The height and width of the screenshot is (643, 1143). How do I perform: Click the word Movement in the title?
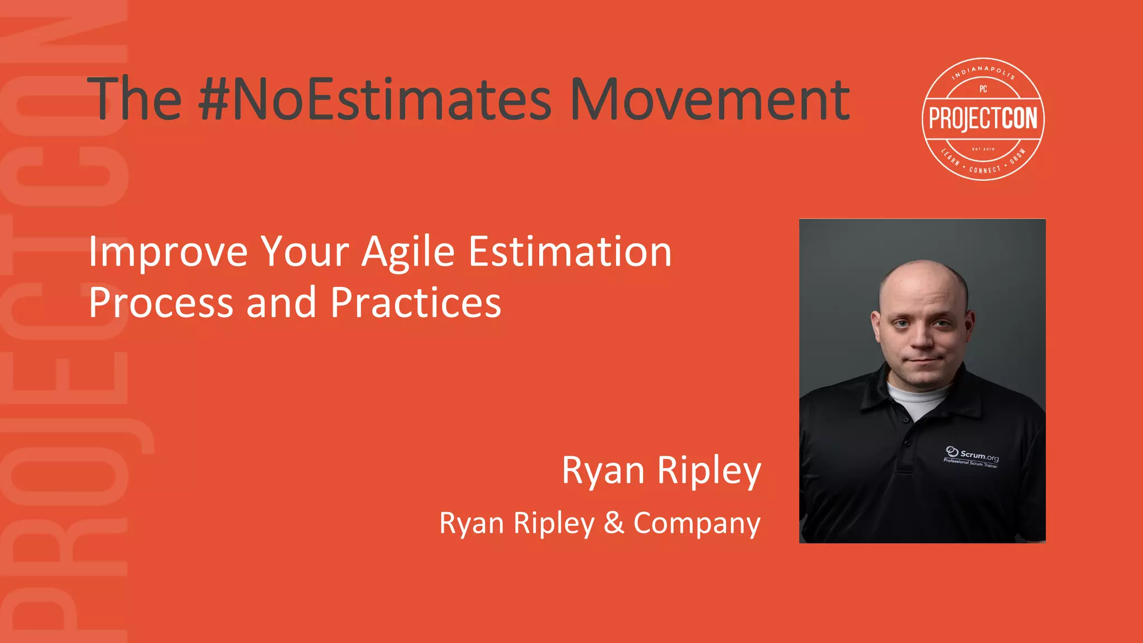click(x=709, y=99)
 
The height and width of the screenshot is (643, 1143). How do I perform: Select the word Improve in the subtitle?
click(x=168, y=253)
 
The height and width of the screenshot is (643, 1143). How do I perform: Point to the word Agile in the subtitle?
click(x=408, y=253)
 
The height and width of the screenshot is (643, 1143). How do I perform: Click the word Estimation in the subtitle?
click(x=570, y=252)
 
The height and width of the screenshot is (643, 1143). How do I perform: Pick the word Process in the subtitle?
click(x=161, y=303)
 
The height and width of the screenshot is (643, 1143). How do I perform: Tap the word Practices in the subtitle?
click(x=416, y=303)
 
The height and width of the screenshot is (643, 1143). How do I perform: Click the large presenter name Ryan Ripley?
click(x=661, y=471)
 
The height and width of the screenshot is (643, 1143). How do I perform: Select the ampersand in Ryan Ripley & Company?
click(x=614, y=523)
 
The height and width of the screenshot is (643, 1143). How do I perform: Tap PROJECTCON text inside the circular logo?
click(x=983, y=119)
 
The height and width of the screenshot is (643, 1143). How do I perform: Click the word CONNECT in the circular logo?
click(x=985, y=169)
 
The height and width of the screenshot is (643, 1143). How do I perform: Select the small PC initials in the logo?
click(x=983, y=89)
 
